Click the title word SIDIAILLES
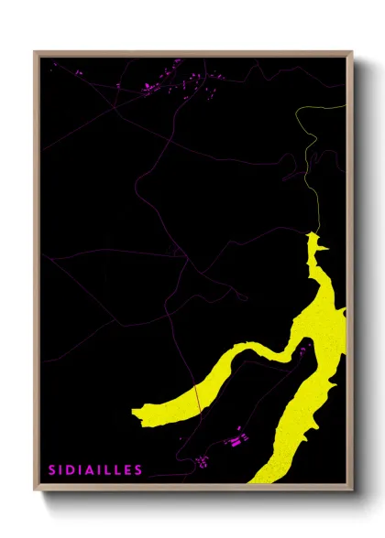pos(95,470)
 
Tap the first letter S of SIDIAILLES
pos(52,470)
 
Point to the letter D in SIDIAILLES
pos(71,470)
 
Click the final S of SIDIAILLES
pos(138,470)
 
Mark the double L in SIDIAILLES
pos(112,470)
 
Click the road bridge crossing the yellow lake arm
pos(196,398)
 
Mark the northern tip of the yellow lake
pos(312,234)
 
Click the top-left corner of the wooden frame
pos(35,52)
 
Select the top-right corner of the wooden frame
pos(352,52)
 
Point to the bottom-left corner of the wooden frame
pos(35,491)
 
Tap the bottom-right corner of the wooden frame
pos(352,491)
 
